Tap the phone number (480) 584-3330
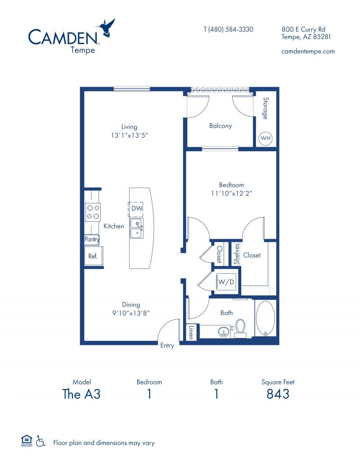[x=228, y=29]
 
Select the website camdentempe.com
[x=308, y=51]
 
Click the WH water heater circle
[x=265, y=138]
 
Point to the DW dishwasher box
[x=137, y=209]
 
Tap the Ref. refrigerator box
[x=93, y=257]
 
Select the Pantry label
[x=92, y=240]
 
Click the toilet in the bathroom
[x=240, y=328]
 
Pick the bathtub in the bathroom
[x=265, y=318]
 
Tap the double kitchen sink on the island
[x=137, y=228]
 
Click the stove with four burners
[x=93, y=212]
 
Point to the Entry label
[x=167, y=345]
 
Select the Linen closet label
[x=191, y=332]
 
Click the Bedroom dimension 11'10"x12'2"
[x=231, y=194]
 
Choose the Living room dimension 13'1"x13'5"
[x=129, y=135]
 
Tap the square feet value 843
[x=278, y=394]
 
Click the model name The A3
[x=81, y=394]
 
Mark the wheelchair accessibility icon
[x=41, y=441]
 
